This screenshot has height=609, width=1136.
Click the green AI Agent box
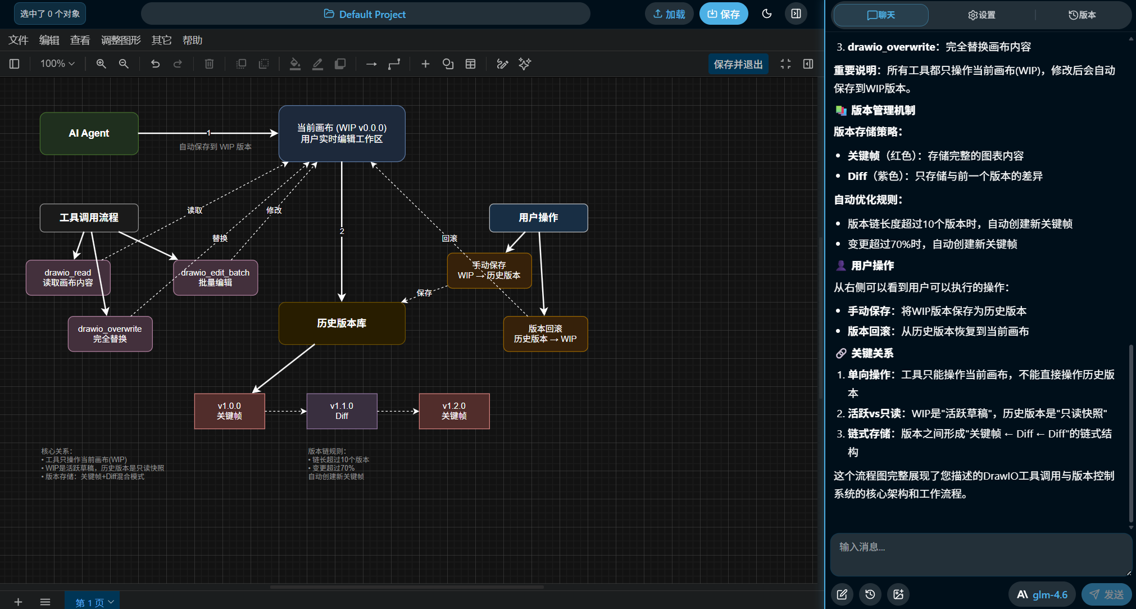click(x=89, y=133)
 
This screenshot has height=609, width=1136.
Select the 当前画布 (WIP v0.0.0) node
click(x=342, y=133)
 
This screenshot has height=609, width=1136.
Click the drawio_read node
click(x=68, y=277)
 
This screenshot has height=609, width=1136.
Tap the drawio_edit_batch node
click(x=215, y=277)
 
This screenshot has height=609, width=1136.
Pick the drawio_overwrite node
click(x=110, y=333)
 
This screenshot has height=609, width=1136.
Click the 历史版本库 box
click(x=342, y=323)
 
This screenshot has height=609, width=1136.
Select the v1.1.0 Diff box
click(x=342, y=411)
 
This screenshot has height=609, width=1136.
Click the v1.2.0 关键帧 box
click(x=454, y=411)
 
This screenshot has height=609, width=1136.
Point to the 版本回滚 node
click(x=546, y=333)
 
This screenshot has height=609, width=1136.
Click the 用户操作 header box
click(x=538, y=218)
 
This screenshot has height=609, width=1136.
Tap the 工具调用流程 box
click(x=89, y=218)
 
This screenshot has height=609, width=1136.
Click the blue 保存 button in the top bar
click(x=724, y=14)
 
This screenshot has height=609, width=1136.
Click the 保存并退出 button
click(x=738, y=64)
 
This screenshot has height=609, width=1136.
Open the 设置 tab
click(x=981, y=15)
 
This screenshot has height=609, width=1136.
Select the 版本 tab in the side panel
click(x=1082, y=15)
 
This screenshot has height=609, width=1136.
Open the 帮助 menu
click(x=192, y=40)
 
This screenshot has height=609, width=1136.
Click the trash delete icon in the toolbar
click(x=209, y=64)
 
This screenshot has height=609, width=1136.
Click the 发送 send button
click(x=1107, y=594)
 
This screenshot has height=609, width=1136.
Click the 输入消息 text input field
click(x=980, y=554)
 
